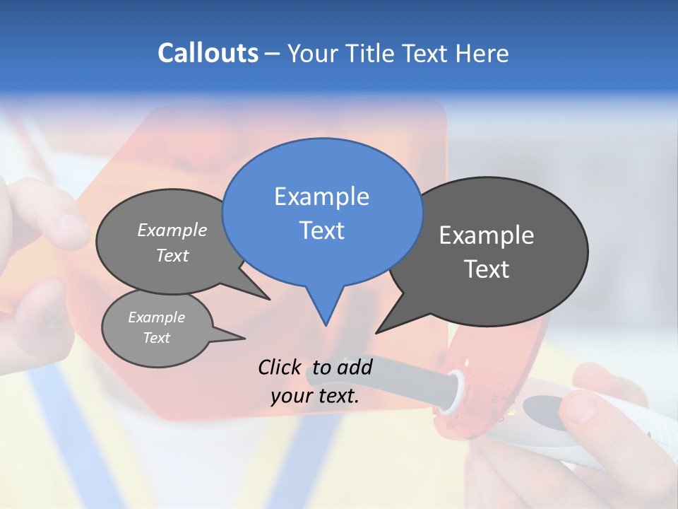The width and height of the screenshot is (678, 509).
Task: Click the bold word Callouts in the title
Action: click(x=208, y=53)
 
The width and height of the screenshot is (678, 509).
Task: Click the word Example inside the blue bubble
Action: click(x=321, y=197)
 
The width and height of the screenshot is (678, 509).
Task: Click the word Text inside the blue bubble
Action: click(x=321, y=230)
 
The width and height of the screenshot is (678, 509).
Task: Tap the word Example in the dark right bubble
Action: click(x=487, y=235)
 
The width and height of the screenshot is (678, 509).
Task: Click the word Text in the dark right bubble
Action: click(x=487, y=269)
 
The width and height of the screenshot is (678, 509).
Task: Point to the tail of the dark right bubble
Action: click(x=385, y=327)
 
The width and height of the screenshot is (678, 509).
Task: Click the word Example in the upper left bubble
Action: click(x=172, y=230)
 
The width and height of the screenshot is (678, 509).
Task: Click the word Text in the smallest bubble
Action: click(x=157, y=338)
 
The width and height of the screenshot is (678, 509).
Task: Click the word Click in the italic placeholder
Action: click(x=280, y=367)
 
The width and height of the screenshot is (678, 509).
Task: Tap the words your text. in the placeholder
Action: click(x=315, y=397)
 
